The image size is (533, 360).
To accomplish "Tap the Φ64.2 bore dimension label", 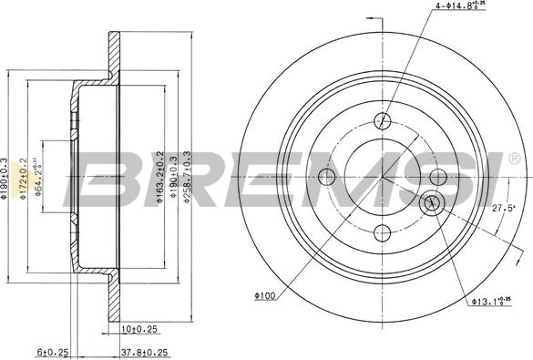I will coord(40,177).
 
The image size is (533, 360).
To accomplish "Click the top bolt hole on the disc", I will coord(383,119).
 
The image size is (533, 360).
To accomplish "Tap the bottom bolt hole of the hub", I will coord(383,231).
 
